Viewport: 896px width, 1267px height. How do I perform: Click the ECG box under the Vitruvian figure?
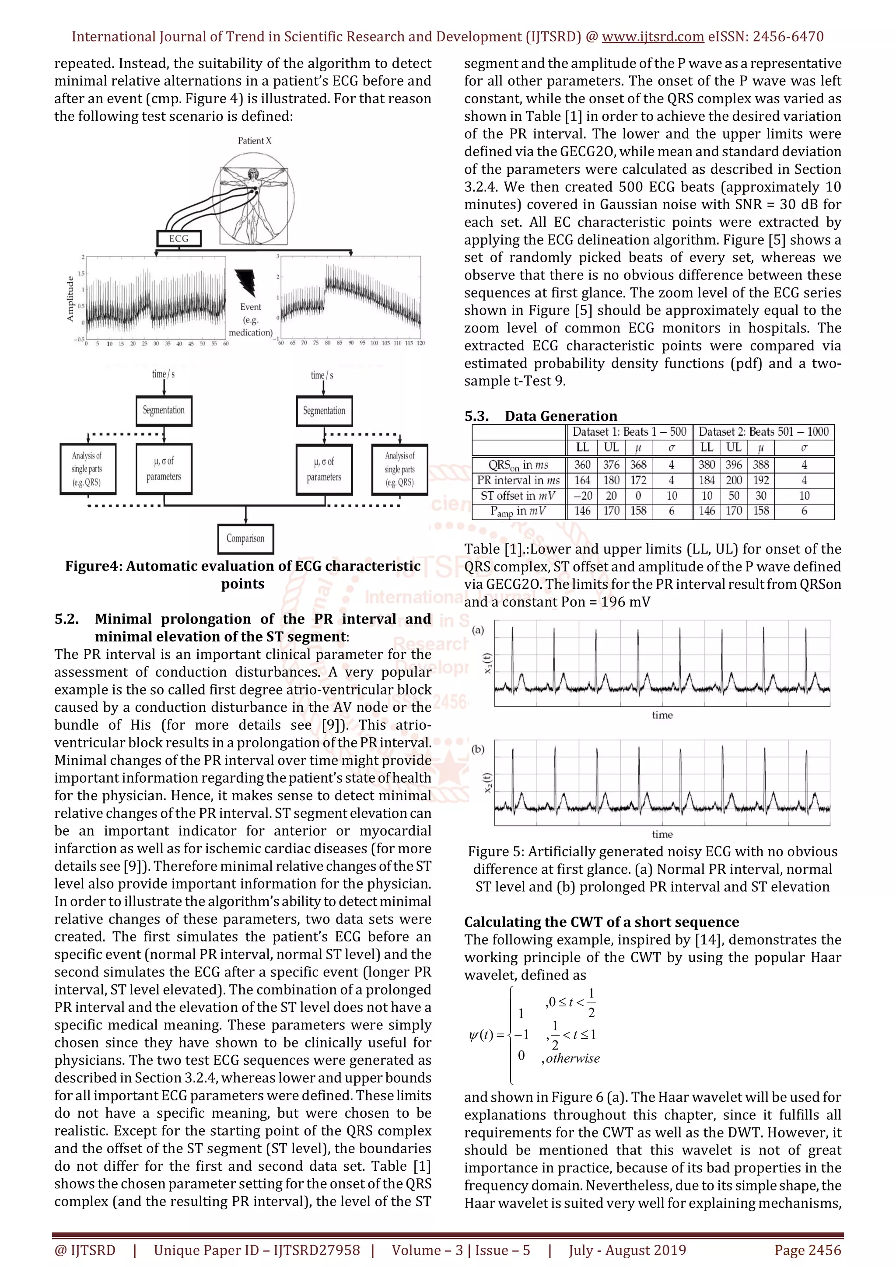coord(179,238)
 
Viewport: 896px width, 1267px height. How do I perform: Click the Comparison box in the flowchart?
coord(245,538)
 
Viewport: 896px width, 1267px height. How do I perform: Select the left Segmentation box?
coord(164,410)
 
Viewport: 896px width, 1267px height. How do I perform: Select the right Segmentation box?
coord(324,410)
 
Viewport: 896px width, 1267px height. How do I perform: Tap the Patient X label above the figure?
coord(254,141)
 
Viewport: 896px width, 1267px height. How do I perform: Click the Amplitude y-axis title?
coord(70,298)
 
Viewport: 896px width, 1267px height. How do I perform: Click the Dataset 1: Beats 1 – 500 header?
coord(629,431)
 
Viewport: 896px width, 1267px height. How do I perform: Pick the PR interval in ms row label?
coord(518,480)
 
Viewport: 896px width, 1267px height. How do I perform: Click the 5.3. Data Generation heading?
coord(540,416)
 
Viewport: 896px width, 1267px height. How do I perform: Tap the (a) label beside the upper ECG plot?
coord(478,630)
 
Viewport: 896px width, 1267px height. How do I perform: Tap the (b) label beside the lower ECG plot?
coord(478,749)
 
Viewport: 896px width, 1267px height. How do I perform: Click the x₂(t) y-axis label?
coord(488,783)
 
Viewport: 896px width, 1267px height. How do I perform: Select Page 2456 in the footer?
coord(807,1250)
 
